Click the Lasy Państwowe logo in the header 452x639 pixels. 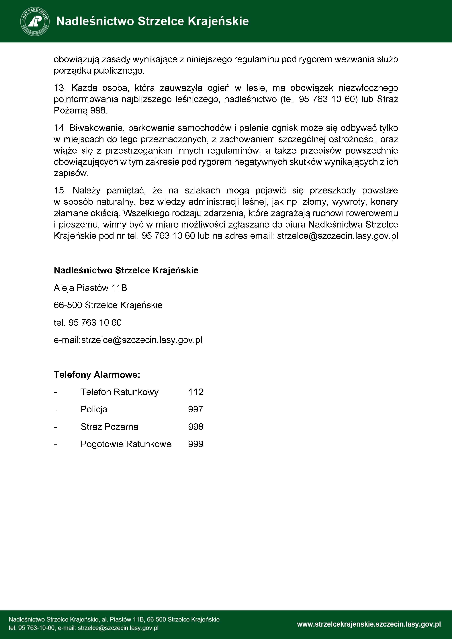[35, 21]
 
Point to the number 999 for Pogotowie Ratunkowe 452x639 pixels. [196, 444]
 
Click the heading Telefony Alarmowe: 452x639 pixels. [97, 375]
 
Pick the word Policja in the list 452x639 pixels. [94, 409]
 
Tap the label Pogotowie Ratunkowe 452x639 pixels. [126, 444]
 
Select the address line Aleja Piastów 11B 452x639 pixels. [90, 288]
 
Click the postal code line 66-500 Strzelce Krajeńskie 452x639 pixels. [108, 305]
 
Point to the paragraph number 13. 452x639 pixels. [59, 88]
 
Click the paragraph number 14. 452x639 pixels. [59, 128]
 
